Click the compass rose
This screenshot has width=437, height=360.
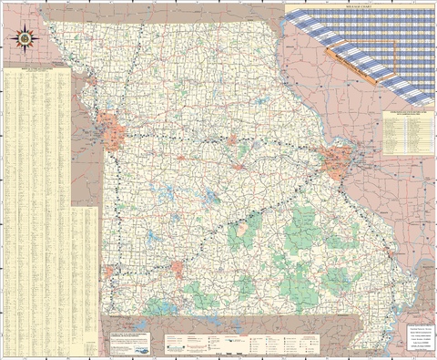click(22, 39)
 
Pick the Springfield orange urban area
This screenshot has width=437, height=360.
click(177, 269)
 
